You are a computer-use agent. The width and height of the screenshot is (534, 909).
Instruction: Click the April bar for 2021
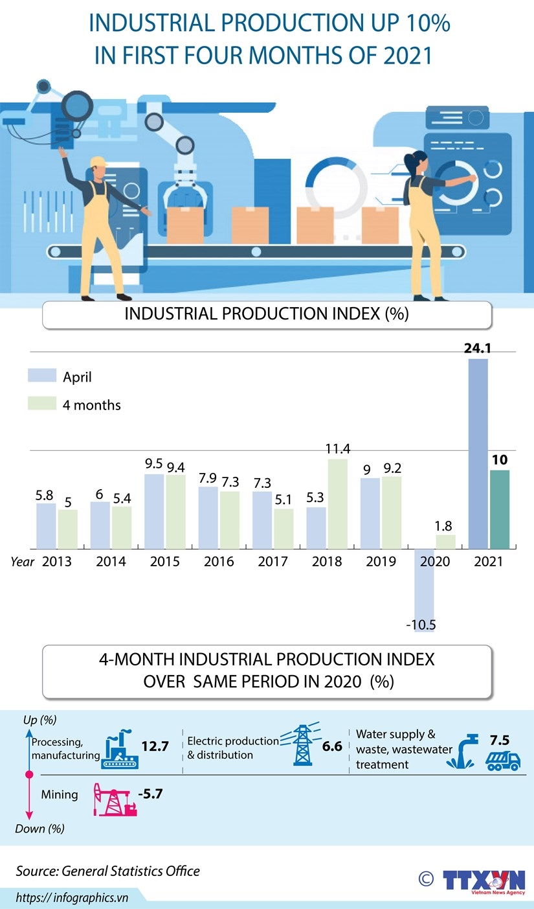478,454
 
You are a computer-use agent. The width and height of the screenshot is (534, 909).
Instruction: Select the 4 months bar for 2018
337,504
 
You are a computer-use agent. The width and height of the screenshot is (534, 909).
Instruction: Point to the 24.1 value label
478,349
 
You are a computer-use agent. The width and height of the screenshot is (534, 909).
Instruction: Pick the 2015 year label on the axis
165,562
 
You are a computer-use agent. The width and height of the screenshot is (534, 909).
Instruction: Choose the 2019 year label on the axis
381,562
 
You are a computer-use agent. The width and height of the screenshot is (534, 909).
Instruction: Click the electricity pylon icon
302,745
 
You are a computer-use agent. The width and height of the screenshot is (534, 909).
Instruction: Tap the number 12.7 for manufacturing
155,746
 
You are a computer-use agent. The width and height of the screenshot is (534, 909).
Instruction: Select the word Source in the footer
37,871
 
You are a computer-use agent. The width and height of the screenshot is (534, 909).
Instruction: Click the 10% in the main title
424,24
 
